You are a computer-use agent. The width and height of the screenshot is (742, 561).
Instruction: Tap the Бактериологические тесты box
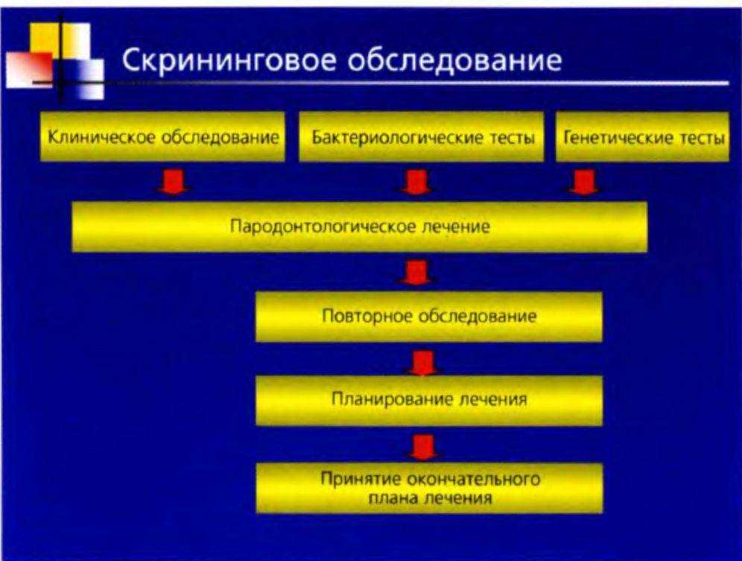423,137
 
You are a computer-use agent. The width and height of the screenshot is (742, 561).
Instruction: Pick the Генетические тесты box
641,137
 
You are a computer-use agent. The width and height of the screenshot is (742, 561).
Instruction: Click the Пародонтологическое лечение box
360,226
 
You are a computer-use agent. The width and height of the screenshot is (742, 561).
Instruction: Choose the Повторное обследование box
429,316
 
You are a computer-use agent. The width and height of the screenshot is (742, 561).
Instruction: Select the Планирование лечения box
429,399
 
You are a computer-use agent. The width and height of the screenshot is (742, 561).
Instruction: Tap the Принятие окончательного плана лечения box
429,488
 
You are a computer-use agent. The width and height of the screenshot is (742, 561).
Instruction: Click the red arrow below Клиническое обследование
173,181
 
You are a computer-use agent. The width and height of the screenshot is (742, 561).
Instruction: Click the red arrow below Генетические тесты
584,181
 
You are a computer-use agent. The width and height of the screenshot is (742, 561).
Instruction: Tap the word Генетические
612,137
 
